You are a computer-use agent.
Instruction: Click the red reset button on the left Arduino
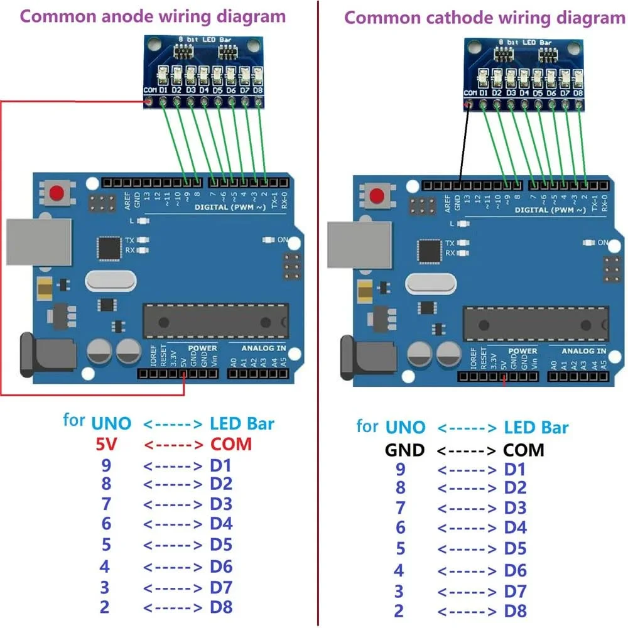(58, 193)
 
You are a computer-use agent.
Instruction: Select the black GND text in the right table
(404, 450)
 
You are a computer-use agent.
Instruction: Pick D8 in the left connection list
(221, 607)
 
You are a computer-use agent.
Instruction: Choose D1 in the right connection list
(516, 470)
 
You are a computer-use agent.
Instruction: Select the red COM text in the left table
(230, 445)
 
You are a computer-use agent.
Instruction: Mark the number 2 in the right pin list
(399, 610)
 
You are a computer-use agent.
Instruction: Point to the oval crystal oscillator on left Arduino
(111, 280)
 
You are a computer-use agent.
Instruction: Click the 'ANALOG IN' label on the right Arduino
(583, 351)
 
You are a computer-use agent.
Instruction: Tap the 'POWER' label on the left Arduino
(202, 348)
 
